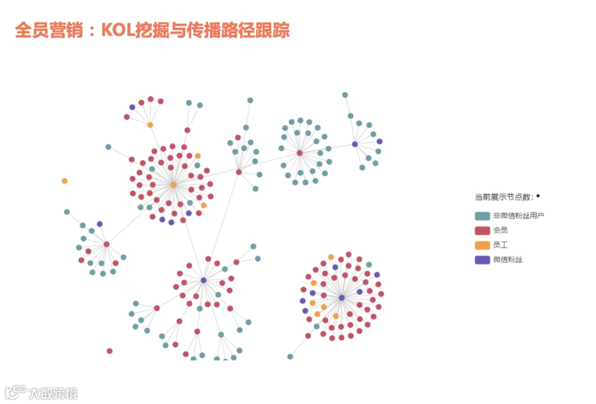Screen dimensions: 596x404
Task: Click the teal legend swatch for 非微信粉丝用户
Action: coord(482,216)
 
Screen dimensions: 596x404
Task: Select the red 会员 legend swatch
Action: coord(482,230)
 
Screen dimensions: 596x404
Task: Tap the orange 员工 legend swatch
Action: coord(482,245)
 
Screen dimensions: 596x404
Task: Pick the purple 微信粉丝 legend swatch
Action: coord(482,260)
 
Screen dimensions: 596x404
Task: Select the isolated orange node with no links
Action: coord(65,181)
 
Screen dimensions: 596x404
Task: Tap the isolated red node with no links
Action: coord(109,351)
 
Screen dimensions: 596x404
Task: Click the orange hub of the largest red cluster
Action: coord(173,185)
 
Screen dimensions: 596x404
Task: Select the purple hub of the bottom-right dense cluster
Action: coord(342,298)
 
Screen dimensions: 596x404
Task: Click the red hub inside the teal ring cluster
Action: coord(300,153)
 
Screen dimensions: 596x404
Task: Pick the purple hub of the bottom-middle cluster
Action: coord(204,281)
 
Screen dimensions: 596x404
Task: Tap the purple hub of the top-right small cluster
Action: coord(355,144)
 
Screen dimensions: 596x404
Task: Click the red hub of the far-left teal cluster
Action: coord(107,244)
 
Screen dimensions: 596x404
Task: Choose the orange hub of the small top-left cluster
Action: coord(150,125)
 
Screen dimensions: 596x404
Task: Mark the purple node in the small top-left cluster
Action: coord(132,107)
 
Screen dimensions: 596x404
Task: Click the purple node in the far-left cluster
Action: coord(100,224)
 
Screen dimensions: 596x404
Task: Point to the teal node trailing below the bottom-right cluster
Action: coord(290,357)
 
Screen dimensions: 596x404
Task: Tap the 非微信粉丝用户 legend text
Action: coord(518,216)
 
